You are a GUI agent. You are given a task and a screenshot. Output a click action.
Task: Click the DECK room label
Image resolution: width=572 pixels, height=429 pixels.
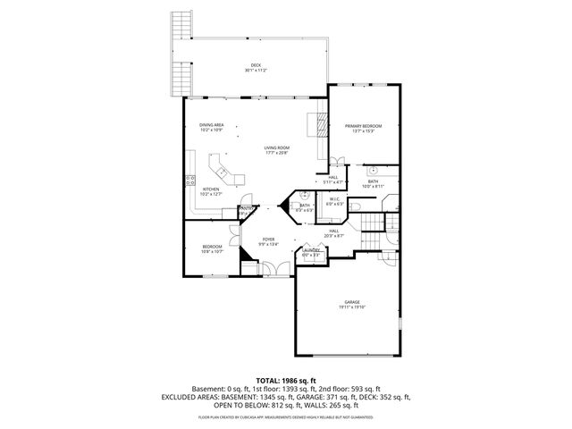256,65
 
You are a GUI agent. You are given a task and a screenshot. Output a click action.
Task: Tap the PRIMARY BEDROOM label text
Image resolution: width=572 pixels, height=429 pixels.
363,126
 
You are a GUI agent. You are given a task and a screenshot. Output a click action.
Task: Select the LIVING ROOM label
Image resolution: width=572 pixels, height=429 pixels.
276,147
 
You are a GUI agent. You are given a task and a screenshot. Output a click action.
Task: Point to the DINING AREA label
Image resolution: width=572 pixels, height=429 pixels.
211,125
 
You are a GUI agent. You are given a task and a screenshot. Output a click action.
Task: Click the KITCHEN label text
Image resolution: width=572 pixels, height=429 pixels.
211,189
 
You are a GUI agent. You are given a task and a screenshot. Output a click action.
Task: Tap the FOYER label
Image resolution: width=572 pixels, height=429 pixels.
268,239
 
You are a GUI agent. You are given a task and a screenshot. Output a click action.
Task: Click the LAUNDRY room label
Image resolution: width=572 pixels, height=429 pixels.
310,252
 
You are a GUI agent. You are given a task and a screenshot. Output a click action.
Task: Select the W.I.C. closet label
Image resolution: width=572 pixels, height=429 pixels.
333,198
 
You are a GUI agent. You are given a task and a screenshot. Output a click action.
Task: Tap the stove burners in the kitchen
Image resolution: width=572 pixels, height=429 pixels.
189,181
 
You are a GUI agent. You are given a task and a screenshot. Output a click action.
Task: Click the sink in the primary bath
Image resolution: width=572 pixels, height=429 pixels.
374,169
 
